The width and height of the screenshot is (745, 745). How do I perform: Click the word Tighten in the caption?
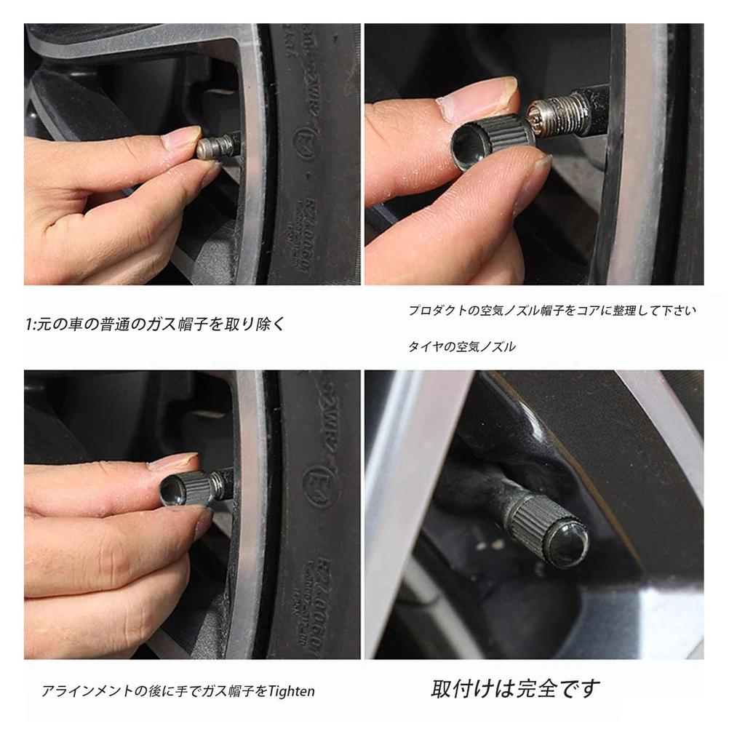292,690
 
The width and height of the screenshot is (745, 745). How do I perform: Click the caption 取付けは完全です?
517,688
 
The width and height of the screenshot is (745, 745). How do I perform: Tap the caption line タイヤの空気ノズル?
461,347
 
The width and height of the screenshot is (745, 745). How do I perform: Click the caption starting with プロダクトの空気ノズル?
551,311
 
